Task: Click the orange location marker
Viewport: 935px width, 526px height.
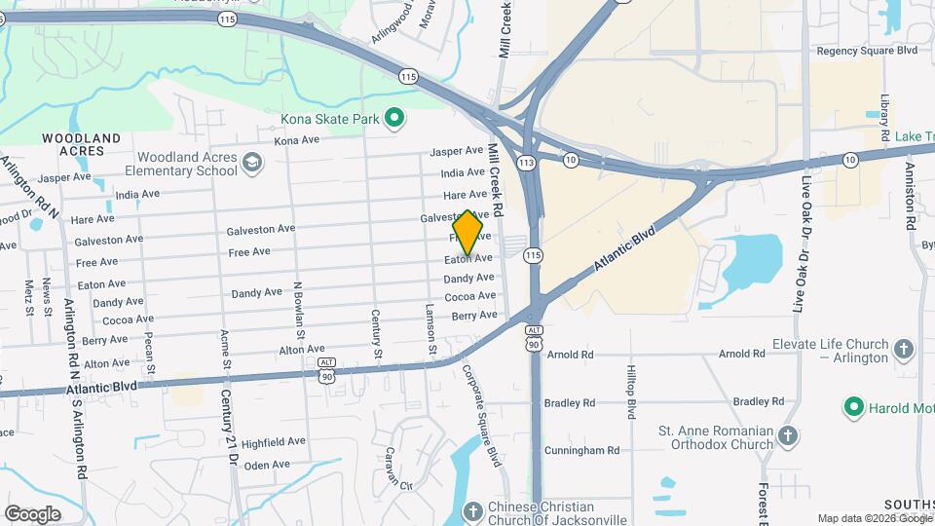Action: (x=468, y=234)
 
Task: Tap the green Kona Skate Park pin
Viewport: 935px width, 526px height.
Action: (x=394, y=119)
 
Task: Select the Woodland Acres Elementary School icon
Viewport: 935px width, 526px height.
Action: (x=253, y=163)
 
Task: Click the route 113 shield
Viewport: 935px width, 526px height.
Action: (x=527, y=163)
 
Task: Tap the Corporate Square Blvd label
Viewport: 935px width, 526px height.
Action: (x=482, y=415)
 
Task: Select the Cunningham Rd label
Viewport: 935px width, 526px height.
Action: (x=582, y=450)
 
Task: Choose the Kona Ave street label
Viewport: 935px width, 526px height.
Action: (x=297, y=141)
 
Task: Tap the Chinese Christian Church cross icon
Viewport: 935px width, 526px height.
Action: (x=472, y=511)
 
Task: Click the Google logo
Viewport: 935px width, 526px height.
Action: (x=32, y=513)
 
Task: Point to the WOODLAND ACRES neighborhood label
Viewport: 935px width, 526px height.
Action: (x=82, y=144)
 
